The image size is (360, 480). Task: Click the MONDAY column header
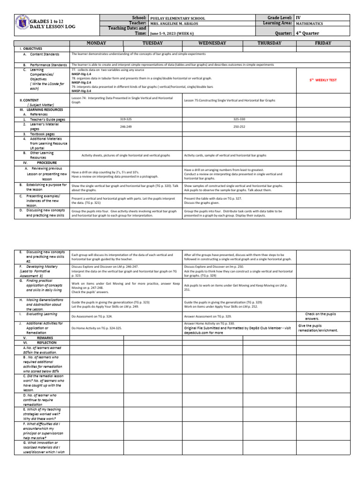pyautogui.click(x=96, y=43)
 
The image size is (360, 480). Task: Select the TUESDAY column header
pyautogui.click(x=152, y=43)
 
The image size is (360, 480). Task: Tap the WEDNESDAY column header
pyautogui.click(x=212, y=43)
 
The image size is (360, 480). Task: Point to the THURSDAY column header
pyautogui.click(x=270, y=43)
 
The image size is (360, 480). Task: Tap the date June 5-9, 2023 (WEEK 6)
pyautogui.click(x=178, y=34)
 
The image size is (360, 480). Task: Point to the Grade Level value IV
pyautogui.click(x=298, y=17)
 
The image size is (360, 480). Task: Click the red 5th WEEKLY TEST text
pyautogui.click(x=323, y=80)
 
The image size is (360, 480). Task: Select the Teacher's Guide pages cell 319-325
pyautogui.click(x=126, y=119)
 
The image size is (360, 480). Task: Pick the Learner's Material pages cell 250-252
pyautogui.click(x=239, y=127)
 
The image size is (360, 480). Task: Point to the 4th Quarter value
pyautogui.click(x=307, y=33)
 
